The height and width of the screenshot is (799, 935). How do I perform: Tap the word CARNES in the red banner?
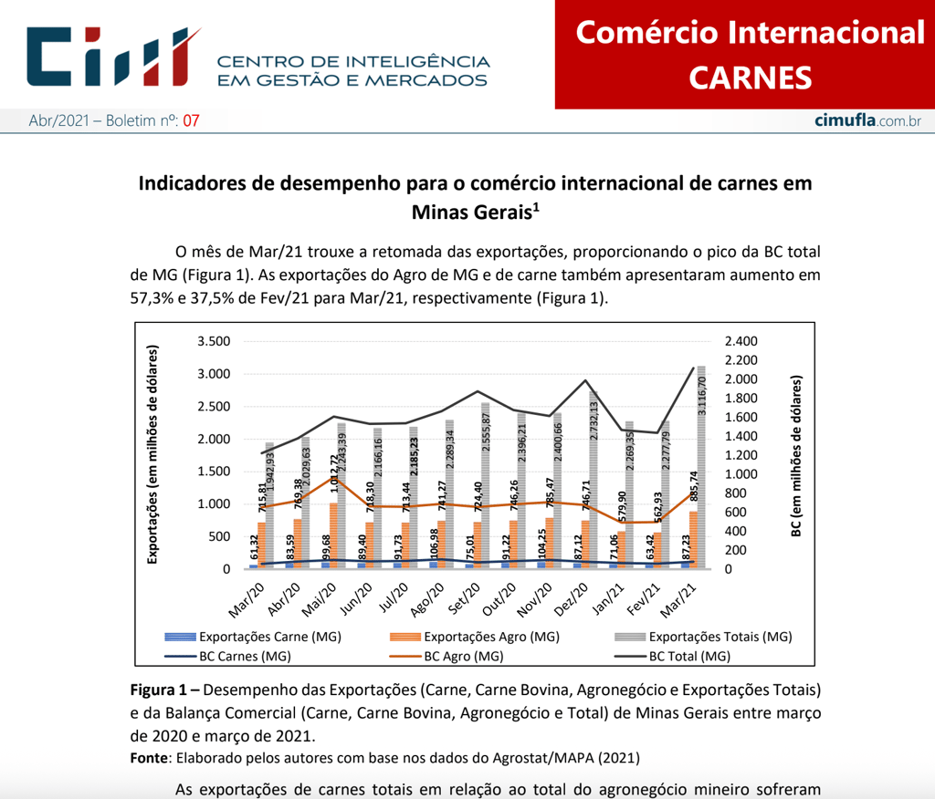[x=750, y=78]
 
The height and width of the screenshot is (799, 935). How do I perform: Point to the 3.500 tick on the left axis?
[x=215, y=341]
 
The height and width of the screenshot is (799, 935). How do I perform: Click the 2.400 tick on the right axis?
[x=741, y=341]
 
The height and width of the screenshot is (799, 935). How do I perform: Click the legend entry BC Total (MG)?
[x=688, y=656]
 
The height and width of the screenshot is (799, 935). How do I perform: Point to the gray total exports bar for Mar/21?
[x=701, y=474]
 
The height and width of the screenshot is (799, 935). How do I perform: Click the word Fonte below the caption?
[x=148, y=757]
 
